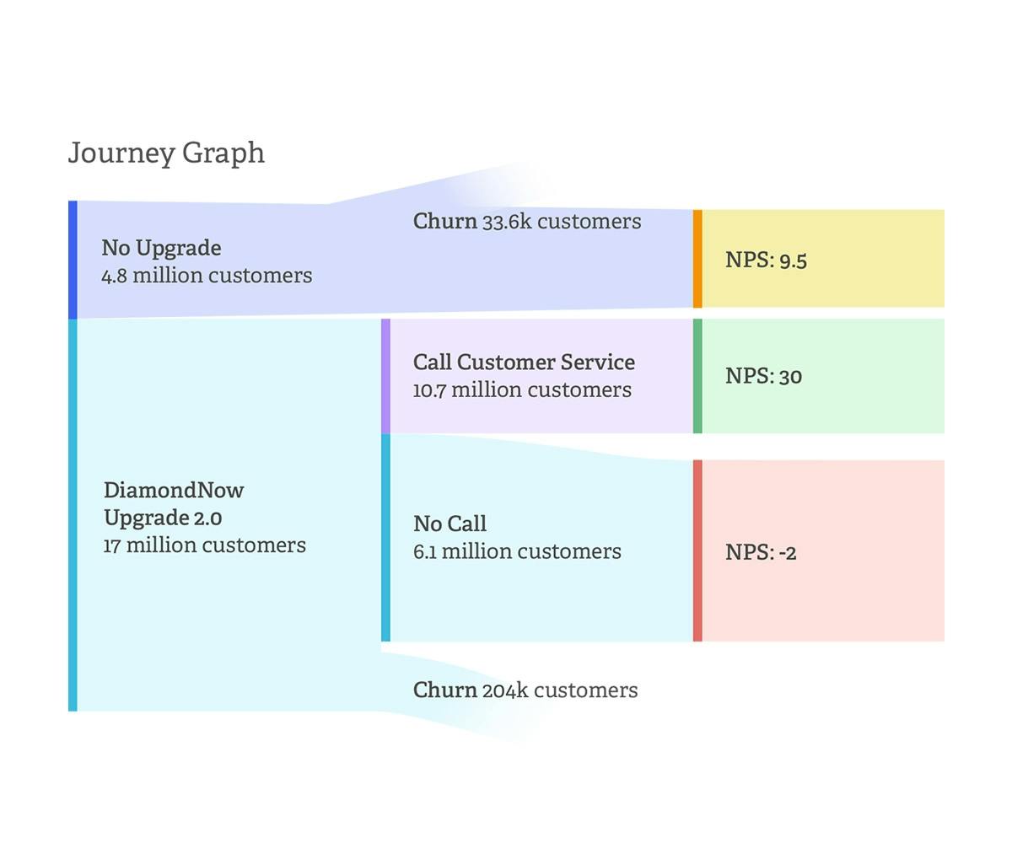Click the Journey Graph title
click(166, 153)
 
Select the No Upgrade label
click(161, 249)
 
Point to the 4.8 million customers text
click(207, 276)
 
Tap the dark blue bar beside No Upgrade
click(73, 260)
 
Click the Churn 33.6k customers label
click(527, 222)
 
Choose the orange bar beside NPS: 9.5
click(697, 259)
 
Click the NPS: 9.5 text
click(767, 260)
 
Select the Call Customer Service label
click(524, 362)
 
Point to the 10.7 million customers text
click(522, 390)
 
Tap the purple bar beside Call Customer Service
click(385, 376)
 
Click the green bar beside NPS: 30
click(697, 376)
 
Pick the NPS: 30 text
click(764, 376)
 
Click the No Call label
click(449, 524)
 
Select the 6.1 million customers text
click(517, 551)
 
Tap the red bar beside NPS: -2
click(697, 550)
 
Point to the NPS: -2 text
click(761, 552)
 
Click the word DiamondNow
click(174, 491)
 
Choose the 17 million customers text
click(205, 545)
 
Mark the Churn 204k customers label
click(525, 690)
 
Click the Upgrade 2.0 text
click(163, 518)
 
